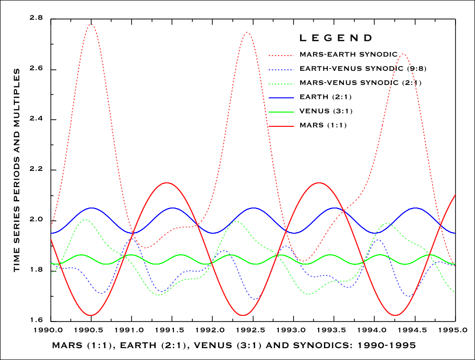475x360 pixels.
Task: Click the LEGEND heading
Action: click(336, 38)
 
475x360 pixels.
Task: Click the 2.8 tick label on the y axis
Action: click(36, 19)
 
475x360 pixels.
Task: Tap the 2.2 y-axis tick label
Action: click(36, 170)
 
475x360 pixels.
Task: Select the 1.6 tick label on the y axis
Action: click(36, 321)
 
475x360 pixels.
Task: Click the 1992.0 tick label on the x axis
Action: click(212, 329)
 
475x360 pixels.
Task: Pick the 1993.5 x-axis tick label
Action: click(334, 329)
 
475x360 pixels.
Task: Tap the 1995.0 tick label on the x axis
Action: click(456, 329)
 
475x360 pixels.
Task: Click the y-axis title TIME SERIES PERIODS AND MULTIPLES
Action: click(17, 170)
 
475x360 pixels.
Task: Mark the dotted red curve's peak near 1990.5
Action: click(91, 24)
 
